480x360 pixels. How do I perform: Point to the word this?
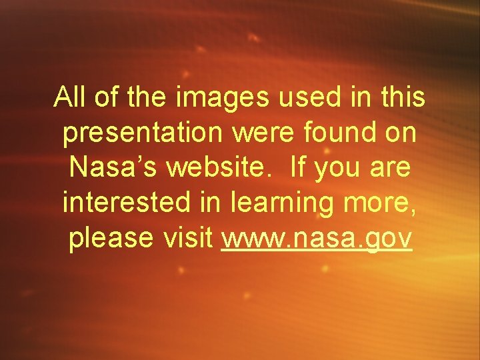[x=402, y=97]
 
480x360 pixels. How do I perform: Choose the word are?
[x=393, y=169]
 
